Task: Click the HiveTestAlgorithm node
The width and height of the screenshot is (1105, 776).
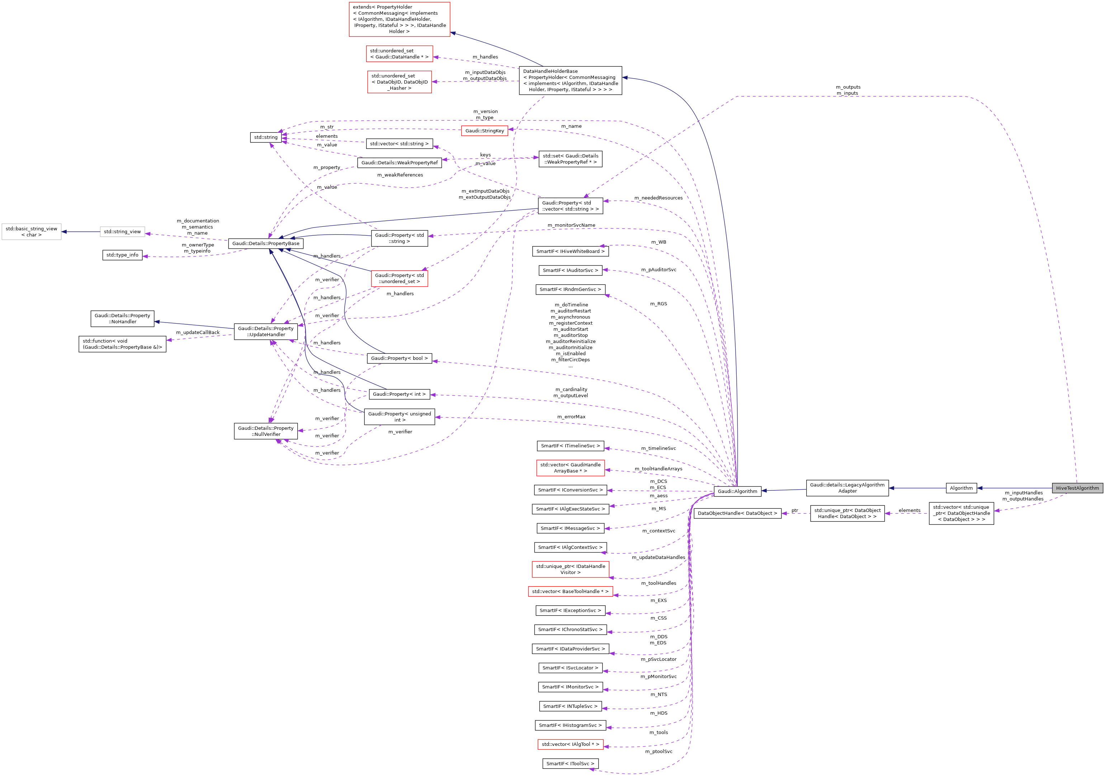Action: (1077, 488)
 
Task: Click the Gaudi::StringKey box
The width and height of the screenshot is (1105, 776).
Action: (484, 131)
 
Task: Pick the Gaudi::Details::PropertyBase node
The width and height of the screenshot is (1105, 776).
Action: (266, 244)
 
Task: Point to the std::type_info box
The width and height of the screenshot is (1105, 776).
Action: (122, 255)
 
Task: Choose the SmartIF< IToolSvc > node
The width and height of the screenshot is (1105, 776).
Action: (570, 763)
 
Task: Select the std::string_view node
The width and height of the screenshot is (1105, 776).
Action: (122, 232)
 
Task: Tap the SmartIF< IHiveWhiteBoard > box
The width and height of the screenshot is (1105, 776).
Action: (570, 251)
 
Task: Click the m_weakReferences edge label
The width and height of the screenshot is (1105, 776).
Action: (400, 175)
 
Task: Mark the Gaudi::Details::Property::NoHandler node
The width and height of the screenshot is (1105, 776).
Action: (122, 319)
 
